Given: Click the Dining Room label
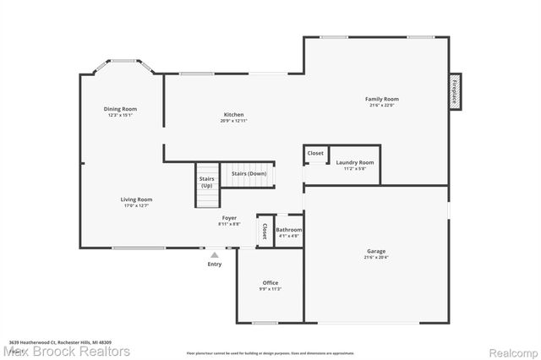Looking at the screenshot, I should (120, 109).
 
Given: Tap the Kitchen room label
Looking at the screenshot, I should (234, 114).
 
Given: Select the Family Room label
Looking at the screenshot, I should (382, 99).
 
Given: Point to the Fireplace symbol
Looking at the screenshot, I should (454, 90).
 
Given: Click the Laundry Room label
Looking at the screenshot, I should (354, 162).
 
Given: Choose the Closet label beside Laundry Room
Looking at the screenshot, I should (314, 153).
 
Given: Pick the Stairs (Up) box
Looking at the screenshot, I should (206, 182).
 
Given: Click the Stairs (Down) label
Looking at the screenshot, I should (249, 173).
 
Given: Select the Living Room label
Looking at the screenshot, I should (138, 199).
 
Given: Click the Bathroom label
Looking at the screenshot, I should (288, 230).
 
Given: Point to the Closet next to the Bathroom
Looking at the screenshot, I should (265, 231).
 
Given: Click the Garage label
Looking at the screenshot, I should (376, 251).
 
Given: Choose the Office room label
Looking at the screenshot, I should (270, 283).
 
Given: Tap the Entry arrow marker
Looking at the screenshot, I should (215, 254).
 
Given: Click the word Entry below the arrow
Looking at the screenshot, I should (215, 265).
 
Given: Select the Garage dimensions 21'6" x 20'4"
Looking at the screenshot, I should (376, 257).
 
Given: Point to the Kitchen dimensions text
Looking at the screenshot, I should (234, 120).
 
